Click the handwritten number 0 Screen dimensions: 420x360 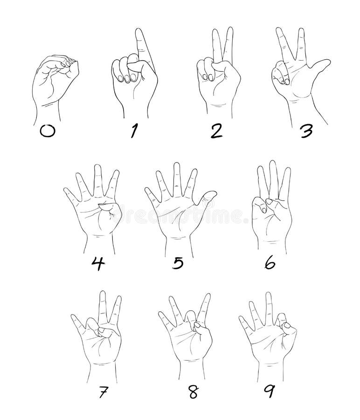coord(47,131)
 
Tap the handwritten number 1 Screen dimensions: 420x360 coord(134,131)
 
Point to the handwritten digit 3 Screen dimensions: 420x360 coord(305,131)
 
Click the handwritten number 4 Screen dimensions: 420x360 coord(97,263)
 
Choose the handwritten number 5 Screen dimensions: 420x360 coord(177,263)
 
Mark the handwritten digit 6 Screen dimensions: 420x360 coord(270,263)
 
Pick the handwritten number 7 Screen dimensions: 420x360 coord(102,392)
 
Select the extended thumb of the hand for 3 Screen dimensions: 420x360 coord(318,68)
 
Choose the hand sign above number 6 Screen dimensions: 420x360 coord(272,205)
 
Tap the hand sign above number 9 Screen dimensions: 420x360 coord(268,331)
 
